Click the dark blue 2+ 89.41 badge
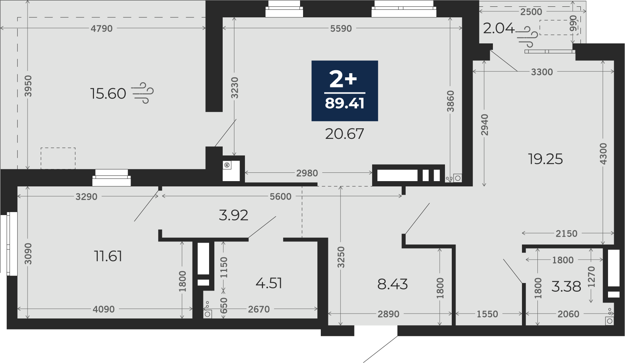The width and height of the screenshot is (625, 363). (x=345, y=91)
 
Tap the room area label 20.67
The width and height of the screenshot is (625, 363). (x=345, y=134)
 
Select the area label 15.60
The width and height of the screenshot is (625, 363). (x=108, y=94)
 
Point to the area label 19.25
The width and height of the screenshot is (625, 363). (x=545, y=159)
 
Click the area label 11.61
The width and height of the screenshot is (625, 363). (x=108, y=256)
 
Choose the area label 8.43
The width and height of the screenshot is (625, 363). (x=392, y=285)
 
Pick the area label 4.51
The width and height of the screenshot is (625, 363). (x=269, y=283)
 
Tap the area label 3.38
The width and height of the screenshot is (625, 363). (x=566, y=286)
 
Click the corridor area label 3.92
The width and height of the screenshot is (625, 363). (x=233, y=215)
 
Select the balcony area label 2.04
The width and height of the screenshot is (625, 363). (x=499, y=28)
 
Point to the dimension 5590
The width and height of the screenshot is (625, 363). (x=341, y=28)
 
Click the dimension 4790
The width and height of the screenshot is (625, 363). (x=102, y=28)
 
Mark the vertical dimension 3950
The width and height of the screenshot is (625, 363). (x=28, y=86)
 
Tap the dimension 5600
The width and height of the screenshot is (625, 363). (x=280, y=197)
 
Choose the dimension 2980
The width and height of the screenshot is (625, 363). (x=307, y=173)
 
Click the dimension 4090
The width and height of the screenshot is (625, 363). (x=103, y=309)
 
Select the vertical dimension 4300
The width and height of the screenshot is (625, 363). (x=603, y=154)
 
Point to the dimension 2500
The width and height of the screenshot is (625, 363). (x=531, y=12)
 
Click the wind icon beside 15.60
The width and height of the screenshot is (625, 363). (x=143, y=93)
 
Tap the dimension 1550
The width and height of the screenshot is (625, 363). (x=487, y=314)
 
